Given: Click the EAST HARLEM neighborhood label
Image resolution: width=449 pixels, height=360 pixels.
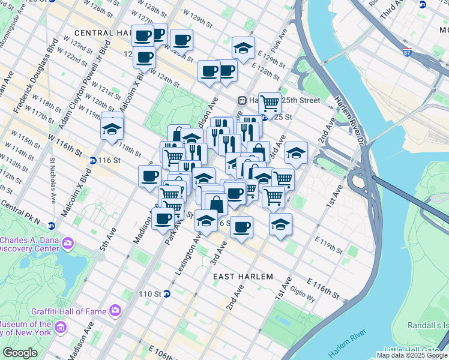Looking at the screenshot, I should coord(243,276).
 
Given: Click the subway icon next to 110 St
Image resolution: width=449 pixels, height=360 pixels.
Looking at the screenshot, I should coord(167,294).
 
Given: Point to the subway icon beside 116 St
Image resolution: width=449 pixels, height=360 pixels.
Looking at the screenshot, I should coord(93,160).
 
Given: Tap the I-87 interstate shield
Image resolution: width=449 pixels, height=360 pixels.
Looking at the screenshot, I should coord(408,52).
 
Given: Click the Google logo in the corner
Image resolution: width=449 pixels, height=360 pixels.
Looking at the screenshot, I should coord(19,353).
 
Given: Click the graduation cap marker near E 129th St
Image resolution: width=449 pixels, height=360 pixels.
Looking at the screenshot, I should coord(243,48).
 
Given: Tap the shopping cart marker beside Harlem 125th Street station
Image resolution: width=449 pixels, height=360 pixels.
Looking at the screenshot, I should coord(270,104).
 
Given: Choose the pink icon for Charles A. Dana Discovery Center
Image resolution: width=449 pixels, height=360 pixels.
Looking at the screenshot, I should coord(68,243).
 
